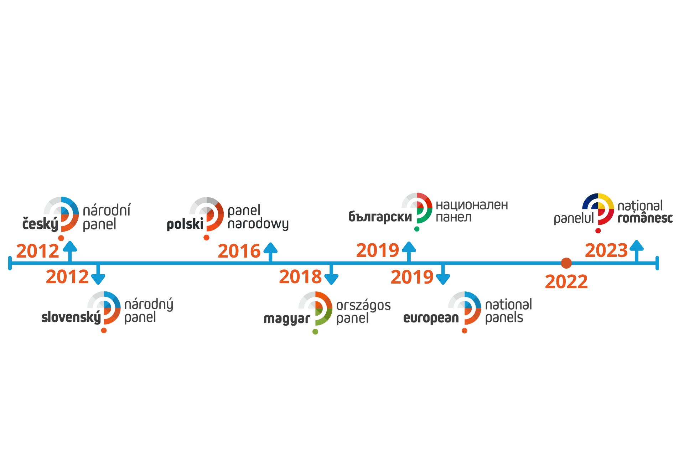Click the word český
point(40,224)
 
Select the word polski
point(185,224)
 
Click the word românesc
point(645,218)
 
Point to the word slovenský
point(71,317)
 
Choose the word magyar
point(287,319)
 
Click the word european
point(431,318)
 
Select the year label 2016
point(239,251)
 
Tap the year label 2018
point(300,277)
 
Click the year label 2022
point(566,282)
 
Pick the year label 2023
point(606,250)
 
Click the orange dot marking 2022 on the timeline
point(566,263)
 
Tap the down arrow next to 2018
point(331,275)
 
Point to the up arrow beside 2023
point(637,251)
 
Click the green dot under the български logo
point(417,229)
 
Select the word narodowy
point(258,224)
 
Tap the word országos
point(363,305)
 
